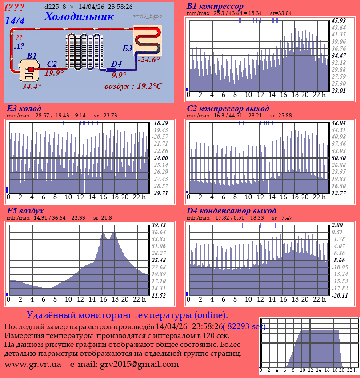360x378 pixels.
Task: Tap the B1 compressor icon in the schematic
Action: [x=29, y=71]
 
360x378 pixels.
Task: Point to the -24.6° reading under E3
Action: [x=148, y=60]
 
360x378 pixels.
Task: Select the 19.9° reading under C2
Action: [x=54, y=73]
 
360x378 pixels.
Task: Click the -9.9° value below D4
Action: [x=118, y=75]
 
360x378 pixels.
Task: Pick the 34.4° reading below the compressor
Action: [x=32, y=86]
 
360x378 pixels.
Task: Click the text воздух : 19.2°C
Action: [x=133, y=86]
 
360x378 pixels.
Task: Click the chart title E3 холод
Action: [x=24, y=109]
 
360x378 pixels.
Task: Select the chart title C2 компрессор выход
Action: [x=228, y=109]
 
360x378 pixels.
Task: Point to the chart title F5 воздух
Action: [x=25, y=210]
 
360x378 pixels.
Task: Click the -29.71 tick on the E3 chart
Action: [x=159, y=193]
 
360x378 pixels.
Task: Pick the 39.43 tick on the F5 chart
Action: [x=159, y=225]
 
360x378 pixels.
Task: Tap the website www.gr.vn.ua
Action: [x=33, y=364]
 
